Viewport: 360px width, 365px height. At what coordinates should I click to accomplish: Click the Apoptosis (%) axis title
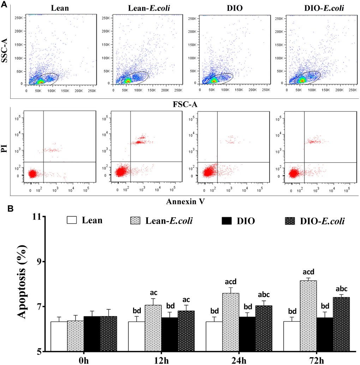21,283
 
